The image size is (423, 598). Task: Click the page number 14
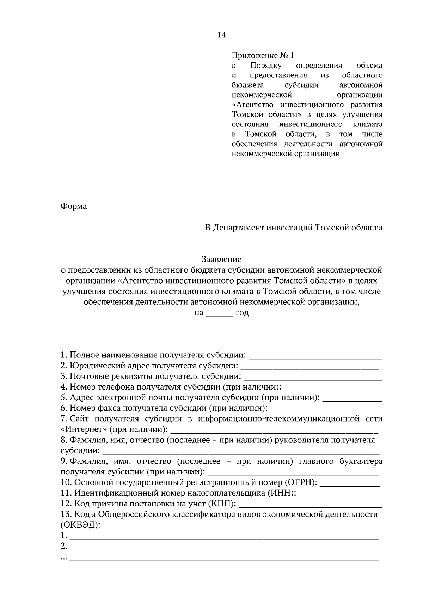tap(222, 35)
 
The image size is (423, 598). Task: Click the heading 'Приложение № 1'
tap(262, 56)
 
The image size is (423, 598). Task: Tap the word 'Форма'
tap(73, 206)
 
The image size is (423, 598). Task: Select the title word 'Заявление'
tap(221, 260)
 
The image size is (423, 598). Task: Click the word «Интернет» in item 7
tap(84, 430)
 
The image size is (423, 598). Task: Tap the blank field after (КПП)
tap(310, 505)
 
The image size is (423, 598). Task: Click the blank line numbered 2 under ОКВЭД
tap(224, 548)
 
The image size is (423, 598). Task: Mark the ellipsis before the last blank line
tap(64, 558)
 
